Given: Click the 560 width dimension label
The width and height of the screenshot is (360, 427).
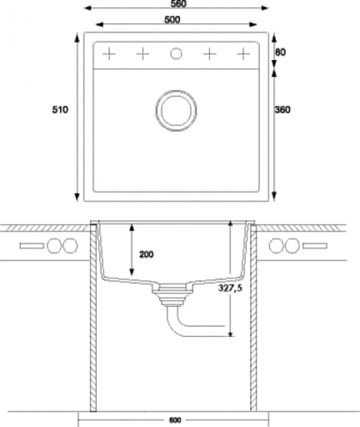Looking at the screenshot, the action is click(179, 3).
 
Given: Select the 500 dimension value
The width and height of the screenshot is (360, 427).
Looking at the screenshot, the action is click(172, 19).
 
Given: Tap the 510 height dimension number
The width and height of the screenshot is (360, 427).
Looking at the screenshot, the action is click(60, 109).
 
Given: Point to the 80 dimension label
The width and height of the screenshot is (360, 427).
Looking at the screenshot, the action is click(281, 52).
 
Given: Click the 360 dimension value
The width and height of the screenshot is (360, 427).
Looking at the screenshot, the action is click(283, 109).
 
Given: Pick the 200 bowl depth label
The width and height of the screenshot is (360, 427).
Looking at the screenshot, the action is click(147, 254).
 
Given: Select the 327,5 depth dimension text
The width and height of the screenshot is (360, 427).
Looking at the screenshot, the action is click(230, 288).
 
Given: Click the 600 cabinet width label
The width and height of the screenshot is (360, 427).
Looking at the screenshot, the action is click(175, 420).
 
